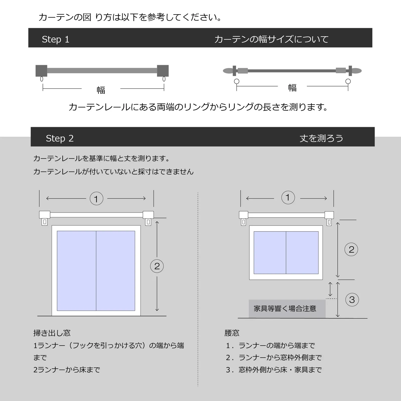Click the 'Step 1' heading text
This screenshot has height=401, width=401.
pyautogui.click(x=55, y=39)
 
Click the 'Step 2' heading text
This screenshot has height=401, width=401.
pyautogui.click(x=60, y=138)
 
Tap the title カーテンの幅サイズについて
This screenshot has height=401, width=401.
pyautogui.click(x=271, y=39)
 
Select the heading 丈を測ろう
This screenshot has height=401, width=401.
pyautogui.click(x=321, y=138)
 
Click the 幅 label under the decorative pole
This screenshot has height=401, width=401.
pyautogui.click(x=292, y=88)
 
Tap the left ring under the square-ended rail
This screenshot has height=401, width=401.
pyautogui.click(x=42, y=79)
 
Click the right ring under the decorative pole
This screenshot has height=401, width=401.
pyautogui.click(x=348, y=81)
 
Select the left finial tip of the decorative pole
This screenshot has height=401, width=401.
pyautogui.click(x=223, y=71)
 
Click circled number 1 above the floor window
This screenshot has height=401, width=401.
pyautogui.click(x=96, y=198)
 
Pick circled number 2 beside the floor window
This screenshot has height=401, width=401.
pyautogui.click(x=157, y=266)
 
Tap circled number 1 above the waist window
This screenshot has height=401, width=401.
pyautogui.click(x=288, y=197)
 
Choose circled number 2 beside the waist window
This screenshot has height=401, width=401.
pyautogui.click(x=351, y=249)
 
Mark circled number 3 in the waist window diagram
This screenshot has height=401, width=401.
pyautogui.click(x=352, y=300)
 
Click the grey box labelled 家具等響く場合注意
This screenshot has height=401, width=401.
pyautogui.click(x=287, y=309)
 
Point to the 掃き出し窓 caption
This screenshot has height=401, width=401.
pyautogui.click(x=52, y=333)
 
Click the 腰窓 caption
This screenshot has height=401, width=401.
pyautogui.click(x=232, y=333)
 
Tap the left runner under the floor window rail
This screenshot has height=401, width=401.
pyautogui.click(x=45, y=222)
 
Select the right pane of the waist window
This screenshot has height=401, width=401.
pyautogui.click(x=302, y=253)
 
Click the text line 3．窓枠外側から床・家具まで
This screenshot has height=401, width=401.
pyautogui.click(x=274, y=370)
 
